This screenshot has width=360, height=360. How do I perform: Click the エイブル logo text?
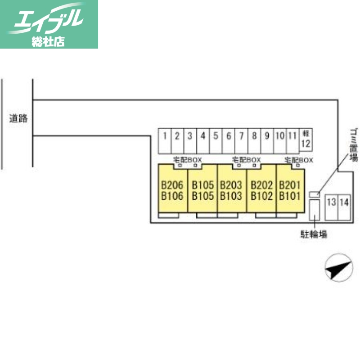point(48,19)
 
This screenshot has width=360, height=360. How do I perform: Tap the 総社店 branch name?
point(48,41)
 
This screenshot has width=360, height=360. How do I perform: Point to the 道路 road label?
point(18,118)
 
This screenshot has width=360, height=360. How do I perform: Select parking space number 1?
point(165,141)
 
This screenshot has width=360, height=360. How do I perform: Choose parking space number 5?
point(216,141)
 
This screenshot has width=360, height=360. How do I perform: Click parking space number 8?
point(254,141)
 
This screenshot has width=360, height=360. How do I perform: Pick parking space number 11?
point(293,141)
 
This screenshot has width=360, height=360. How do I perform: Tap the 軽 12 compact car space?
point(306,139)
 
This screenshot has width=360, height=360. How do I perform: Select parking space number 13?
point(332,207)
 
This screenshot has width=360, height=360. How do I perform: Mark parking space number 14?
point(344,207)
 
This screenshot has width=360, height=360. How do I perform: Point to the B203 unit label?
point(231,185)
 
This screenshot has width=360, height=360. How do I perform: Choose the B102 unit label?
point(262,196)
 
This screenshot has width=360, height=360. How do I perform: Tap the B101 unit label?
point(290,196)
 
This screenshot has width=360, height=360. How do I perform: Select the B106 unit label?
point(172,196)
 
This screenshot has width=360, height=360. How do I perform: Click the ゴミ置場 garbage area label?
point(354,144)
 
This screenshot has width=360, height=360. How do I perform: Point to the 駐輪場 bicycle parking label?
point(314,234)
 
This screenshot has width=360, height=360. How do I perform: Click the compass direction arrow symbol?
point(339,268)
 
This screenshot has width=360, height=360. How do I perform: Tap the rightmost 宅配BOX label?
point(299,160)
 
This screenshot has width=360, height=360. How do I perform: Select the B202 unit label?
point(262,185)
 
